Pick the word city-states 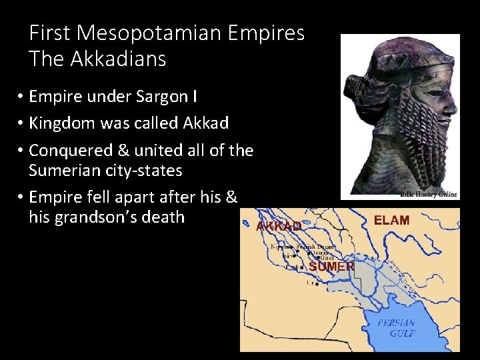pyautogui.click(x=141, y=171)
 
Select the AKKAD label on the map pyautogui.click(x=279, y=227)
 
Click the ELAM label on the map pyautogui.click(x=392, y=220)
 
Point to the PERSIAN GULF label pyautogui.click(x=396, y=327)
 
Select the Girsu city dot pyautogui.click(x=318, y=257)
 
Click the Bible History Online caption pyautogui.click(x=428, y=194)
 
